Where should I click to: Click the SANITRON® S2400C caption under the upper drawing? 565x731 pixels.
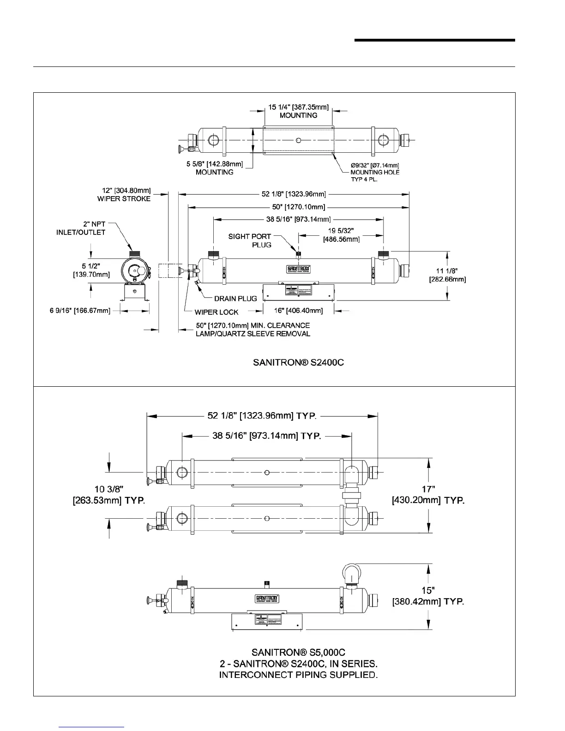click(x=298, y=363)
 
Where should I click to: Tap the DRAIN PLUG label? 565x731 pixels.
click(x=235, y=299)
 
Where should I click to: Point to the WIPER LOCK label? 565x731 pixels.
click(x=216, y=312)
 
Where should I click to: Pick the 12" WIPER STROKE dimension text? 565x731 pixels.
click(x=124, y=194)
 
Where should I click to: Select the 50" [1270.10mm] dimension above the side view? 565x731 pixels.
click(x=298, y=206)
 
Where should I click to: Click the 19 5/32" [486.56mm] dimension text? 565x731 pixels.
click(x=341, y=234)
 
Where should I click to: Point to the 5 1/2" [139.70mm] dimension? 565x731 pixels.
click(x=91, y=270)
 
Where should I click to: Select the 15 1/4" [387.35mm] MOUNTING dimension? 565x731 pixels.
click(x=299, y=111)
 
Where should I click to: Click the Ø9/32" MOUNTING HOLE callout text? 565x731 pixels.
click(x=375, y=172)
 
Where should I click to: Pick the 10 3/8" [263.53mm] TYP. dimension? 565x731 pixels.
click(x=109, y=495)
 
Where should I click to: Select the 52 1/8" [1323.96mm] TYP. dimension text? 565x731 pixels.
click(x=262, y=416)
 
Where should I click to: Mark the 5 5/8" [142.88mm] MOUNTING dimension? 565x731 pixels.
click(x=215, y=168)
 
